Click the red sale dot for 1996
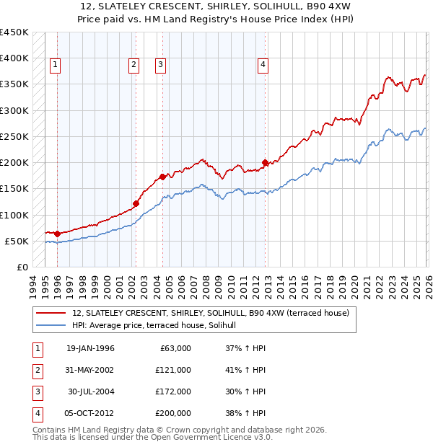coord(57,234)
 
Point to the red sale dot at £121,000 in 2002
coord(136,203)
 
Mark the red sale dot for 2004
coord(162,177)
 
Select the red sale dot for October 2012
coord(265,162)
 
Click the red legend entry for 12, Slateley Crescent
coord(210,313)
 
